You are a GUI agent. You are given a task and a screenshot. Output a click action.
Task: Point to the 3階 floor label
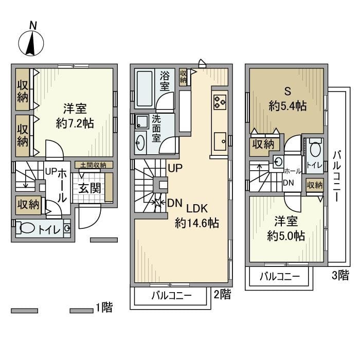(340, 275)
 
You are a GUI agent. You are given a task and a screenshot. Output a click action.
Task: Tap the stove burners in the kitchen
(220, 101)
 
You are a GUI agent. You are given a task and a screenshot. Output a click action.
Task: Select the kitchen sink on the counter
(220, 139)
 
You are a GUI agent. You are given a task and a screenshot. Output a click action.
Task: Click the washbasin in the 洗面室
(140, 142)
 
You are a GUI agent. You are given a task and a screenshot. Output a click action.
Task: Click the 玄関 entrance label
(89, 188)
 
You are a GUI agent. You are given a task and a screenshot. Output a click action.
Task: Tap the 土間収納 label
(93, 165)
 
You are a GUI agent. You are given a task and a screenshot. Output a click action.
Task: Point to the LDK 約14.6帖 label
(197, 216)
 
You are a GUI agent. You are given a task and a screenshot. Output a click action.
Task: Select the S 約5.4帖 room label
(287, 100)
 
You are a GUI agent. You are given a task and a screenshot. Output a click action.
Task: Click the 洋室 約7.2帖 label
(75, 116)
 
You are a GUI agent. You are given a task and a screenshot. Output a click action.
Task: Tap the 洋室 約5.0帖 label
(286, 228)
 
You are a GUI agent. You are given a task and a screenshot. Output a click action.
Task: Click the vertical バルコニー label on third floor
(337, 175)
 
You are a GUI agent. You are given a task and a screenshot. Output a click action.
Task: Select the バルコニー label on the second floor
(171, 296)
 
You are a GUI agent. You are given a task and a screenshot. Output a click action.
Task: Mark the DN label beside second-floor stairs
(175, 203)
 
